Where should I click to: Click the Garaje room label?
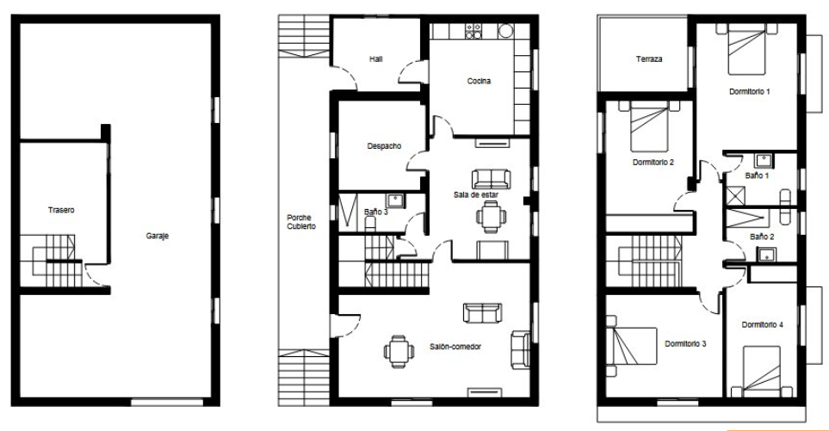[157, 236]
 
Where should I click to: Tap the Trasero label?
[61, 210]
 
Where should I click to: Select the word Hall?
[376, 59]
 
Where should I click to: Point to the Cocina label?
[479, 81]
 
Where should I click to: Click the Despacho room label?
[384, 145]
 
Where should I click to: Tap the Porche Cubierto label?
[301, 222]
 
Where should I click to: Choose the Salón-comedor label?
[455, 347]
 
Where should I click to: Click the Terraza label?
[649, 59]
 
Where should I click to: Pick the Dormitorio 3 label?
[685, 344]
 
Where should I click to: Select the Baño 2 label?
[762, 237]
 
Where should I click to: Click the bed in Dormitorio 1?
[747, 49]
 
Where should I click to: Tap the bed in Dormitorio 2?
[650, 126]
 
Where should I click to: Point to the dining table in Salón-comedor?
[399, 351]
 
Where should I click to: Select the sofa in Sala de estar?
[492, 179]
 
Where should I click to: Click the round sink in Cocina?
[506, 31]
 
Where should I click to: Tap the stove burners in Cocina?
[473, 31]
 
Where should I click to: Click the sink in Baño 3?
[395, 200]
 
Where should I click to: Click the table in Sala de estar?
[492, 217]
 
